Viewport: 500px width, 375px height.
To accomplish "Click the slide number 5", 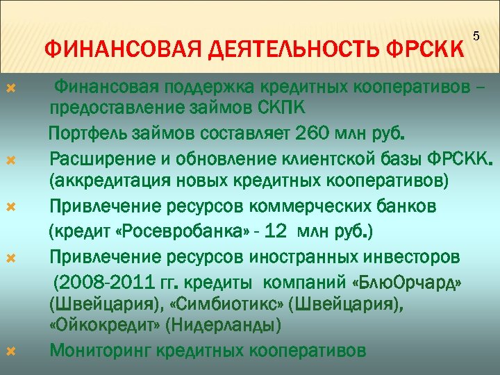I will coord(476,35).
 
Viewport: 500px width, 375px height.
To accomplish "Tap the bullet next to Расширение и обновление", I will coord(10,159).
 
